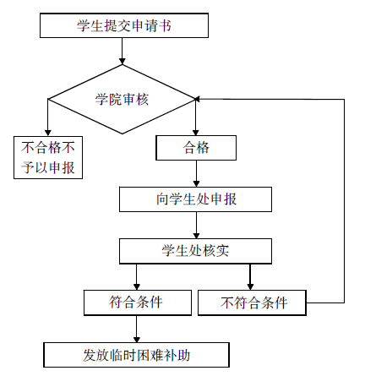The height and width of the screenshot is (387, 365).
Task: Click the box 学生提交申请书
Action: (124, 25)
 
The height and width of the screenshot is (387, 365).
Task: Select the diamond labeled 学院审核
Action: (122, 99)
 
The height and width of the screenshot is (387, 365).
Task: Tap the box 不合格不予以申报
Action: (48, 157)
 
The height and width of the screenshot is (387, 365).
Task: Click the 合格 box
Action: (196, 148)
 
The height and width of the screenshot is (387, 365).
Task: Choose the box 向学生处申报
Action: (195, 199)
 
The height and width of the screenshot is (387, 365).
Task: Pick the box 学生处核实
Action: (195, 251)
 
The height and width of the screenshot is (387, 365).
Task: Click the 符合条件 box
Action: (138, 303)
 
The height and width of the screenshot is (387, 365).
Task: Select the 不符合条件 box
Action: (252, 303)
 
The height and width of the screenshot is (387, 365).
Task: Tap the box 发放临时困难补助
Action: (136, 355)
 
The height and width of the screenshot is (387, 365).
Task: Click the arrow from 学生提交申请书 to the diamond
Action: (122, 51)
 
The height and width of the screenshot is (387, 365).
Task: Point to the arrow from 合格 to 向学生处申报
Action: (196, 174)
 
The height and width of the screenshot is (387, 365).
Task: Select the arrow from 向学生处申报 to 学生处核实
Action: (196, 226)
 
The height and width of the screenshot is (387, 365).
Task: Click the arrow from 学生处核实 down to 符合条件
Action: (137, 277)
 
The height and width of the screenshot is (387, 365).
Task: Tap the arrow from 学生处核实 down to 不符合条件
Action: (250, 277)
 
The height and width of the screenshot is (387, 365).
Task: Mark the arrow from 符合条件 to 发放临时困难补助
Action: (137, 329)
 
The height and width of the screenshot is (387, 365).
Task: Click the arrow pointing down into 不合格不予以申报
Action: (48, 117)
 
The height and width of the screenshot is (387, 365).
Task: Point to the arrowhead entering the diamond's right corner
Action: (198, 99)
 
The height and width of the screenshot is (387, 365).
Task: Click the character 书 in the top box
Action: (165, 25)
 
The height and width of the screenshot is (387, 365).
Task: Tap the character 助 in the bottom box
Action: (183, 355)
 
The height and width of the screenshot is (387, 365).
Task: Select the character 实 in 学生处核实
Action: (222, 251)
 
